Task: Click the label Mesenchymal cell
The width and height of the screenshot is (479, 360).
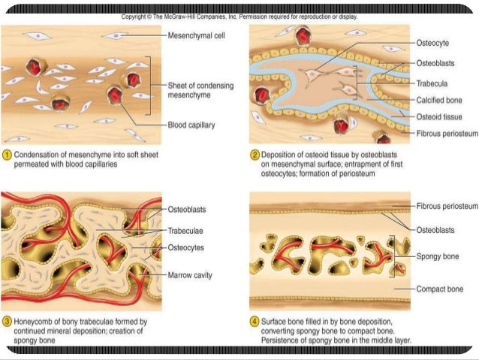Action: (x=196, y=35)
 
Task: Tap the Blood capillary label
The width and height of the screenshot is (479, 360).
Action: (x=191, y=125)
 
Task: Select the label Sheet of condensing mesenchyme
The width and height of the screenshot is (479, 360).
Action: (x=200, y=90)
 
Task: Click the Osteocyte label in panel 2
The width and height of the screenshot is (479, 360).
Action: (x=432, y=43)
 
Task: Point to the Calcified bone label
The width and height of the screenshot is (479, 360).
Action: (x=439, y=100)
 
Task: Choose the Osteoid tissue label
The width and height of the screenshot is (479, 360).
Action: (x=439, y=116)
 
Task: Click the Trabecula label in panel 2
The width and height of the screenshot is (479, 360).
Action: (x=432, y=83)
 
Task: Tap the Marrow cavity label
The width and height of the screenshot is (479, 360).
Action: (x=190, y=275)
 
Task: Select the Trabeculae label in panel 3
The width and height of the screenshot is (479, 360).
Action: (x=185, y=231)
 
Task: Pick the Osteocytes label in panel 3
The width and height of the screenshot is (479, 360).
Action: (x=185, y=247)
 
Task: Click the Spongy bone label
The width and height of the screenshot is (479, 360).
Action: (x=438, y=256)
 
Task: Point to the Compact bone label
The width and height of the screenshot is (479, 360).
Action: (x=440, y=289)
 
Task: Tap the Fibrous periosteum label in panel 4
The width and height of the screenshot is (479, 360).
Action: (x=447, y=206)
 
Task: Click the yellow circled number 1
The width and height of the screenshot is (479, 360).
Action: (x=7, y=155)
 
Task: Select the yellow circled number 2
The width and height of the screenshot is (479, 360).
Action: (x=255, y=155)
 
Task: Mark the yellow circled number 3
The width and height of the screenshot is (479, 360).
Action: (x=7, y=322)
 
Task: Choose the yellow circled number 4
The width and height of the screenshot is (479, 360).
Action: (x=255, y=322)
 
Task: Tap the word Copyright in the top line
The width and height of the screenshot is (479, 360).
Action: (x=134, y=17)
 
